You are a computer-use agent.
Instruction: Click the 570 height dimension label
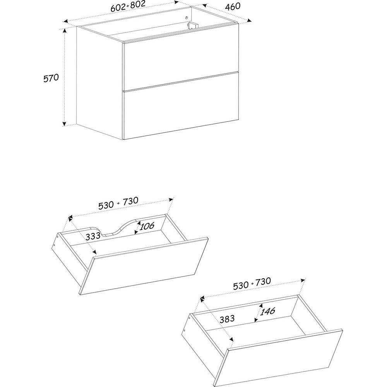coord(51,78)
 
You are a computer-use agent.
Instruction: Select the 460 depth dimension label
coord(233,7)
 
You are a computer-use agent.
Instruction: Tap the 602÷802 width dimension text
coord(128,6)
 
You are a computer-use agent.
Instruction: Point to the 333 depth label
coord(93,236)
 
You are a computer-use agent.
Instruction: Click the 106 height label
coord(147,226)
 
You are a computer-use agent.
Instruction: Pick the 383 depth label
coord(227,319)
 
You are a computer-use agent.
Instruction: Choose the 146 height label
coord(267,311)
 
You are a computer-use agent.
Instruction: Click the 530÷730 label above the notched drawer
coord(118,203)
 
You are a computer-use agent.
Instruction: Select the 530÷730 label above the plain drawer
coord(252,283)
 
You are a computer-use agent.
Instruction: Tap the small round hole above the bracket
coord(187,17)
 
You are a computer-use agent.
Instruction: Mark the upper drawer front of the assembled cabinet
coord(181,65)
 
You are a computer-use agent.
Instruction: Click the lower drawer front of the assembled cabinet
coord(181,114)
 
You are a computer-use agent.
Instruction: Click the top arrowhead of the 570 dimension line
coord(64,31)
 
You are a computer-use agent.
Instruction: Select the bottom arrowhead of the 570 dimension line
coord(64,124)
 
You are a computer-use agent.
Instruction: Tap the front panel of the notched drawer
coord(144,266)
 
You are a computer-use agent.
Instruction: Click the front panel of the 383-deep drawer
coord(278,358)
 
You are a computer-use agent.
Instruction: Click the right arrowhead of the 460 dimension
coord(250,20)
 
